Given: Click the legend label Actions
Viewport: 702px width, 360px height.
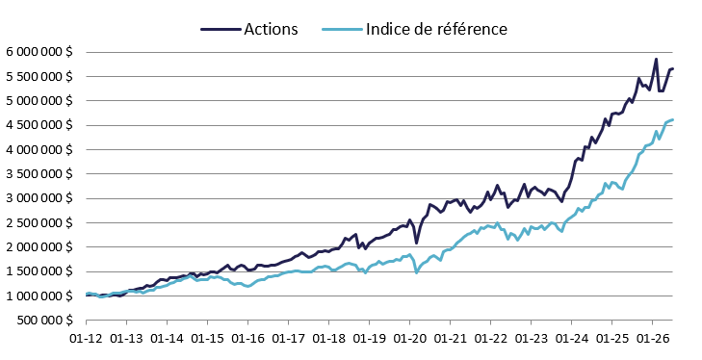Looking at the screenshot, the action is point(271,29).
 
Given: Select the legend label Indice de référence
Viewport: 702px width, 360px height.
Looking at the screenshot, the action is point(436,29).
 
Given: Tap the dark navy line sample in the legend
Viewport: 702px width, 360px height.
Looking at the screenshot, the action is point(221,29).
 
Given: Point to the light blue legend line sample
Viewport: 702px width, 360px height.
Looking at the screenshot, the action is point(342,29).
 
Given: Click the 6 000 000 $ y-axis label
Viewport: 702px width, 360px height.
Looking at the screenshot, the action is point(39,52).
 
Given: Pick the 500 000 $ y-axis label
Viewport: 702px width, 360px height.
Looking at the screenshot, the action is point(45,321).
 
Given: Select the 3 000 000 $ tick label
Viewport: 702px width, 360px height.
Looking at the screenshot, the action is point(39,198).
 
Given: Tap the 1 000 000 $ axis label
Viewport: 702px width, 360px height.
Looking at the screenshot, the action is point(39,296).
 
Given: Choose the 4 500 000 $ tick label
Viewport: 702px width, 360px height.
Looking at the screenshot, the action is point(39,125).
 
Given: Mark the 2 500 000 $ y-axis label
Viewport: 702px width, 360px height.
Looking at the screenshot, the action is point(39,222).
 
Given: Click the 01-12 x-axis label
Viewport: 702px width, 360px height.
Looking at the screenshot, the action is point(87,339).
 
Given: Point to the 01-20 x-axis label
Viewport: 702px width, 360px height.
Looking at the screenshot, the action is point(409,339).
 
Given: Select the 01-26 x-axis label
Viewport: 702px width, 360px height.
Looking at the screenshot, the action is point(652,339).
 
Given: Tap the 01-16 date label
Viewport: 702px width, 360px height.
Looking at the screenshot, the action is point(248,339).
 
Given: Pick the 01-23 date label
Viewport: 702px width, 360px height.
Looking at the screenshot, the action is point(531,339).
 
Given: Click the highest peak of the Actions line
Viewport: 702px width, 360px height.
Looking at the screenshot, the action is point(656,59).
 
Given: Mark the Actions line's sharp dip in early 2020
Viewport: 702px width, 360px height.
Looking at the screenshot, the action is point(416,244).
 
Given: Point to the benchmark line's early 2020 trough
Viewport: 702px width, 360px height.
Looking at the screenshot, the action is point(416,272).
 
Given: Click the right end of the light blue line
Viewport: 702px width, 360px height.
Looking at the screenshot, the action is point(673,119).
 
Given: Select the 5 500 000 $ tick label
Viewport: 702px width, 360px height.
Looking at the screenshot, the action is point(39,76).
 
